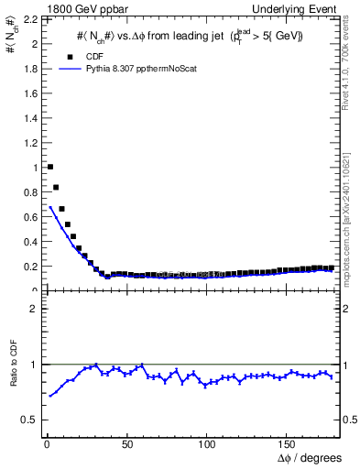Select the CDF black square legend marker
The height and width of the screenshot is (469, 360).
click(71, 56)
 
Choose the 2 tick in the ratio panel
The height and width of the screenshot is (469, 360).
click(31, 309)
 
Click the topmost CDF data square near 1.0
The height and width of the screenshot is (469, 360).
click(49, 167)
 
